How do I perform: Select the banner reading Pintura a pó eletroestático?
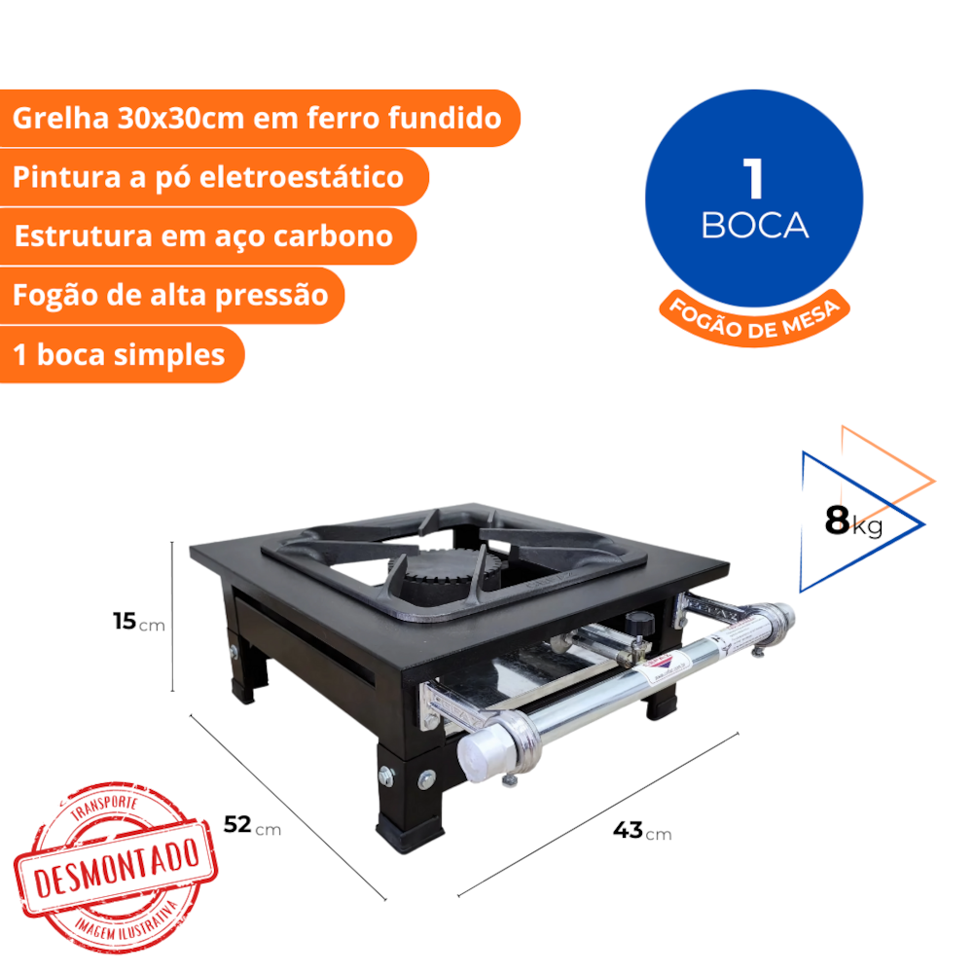213,177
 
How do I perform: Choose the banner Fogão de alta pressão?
171,296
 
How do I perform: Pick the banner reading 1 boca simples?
122,354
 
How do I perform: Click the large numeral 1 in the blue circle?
753,178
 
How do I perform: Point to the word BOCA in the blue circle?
755,226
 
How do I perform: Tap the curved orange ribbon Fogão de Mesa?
754,319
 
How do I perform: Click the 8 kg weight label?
853,522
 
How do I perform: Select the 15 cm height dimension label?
139,621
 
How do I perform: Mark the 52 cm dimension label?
252,825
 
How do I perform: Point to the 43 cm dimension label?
642,830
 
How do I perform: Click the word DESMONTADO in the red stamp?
117,866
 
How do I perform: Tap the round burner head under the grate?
446,571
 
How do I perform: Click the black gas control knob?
640,623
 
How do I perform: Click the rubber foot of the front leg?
411,837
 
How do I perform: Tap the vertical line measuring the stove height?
172,616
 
